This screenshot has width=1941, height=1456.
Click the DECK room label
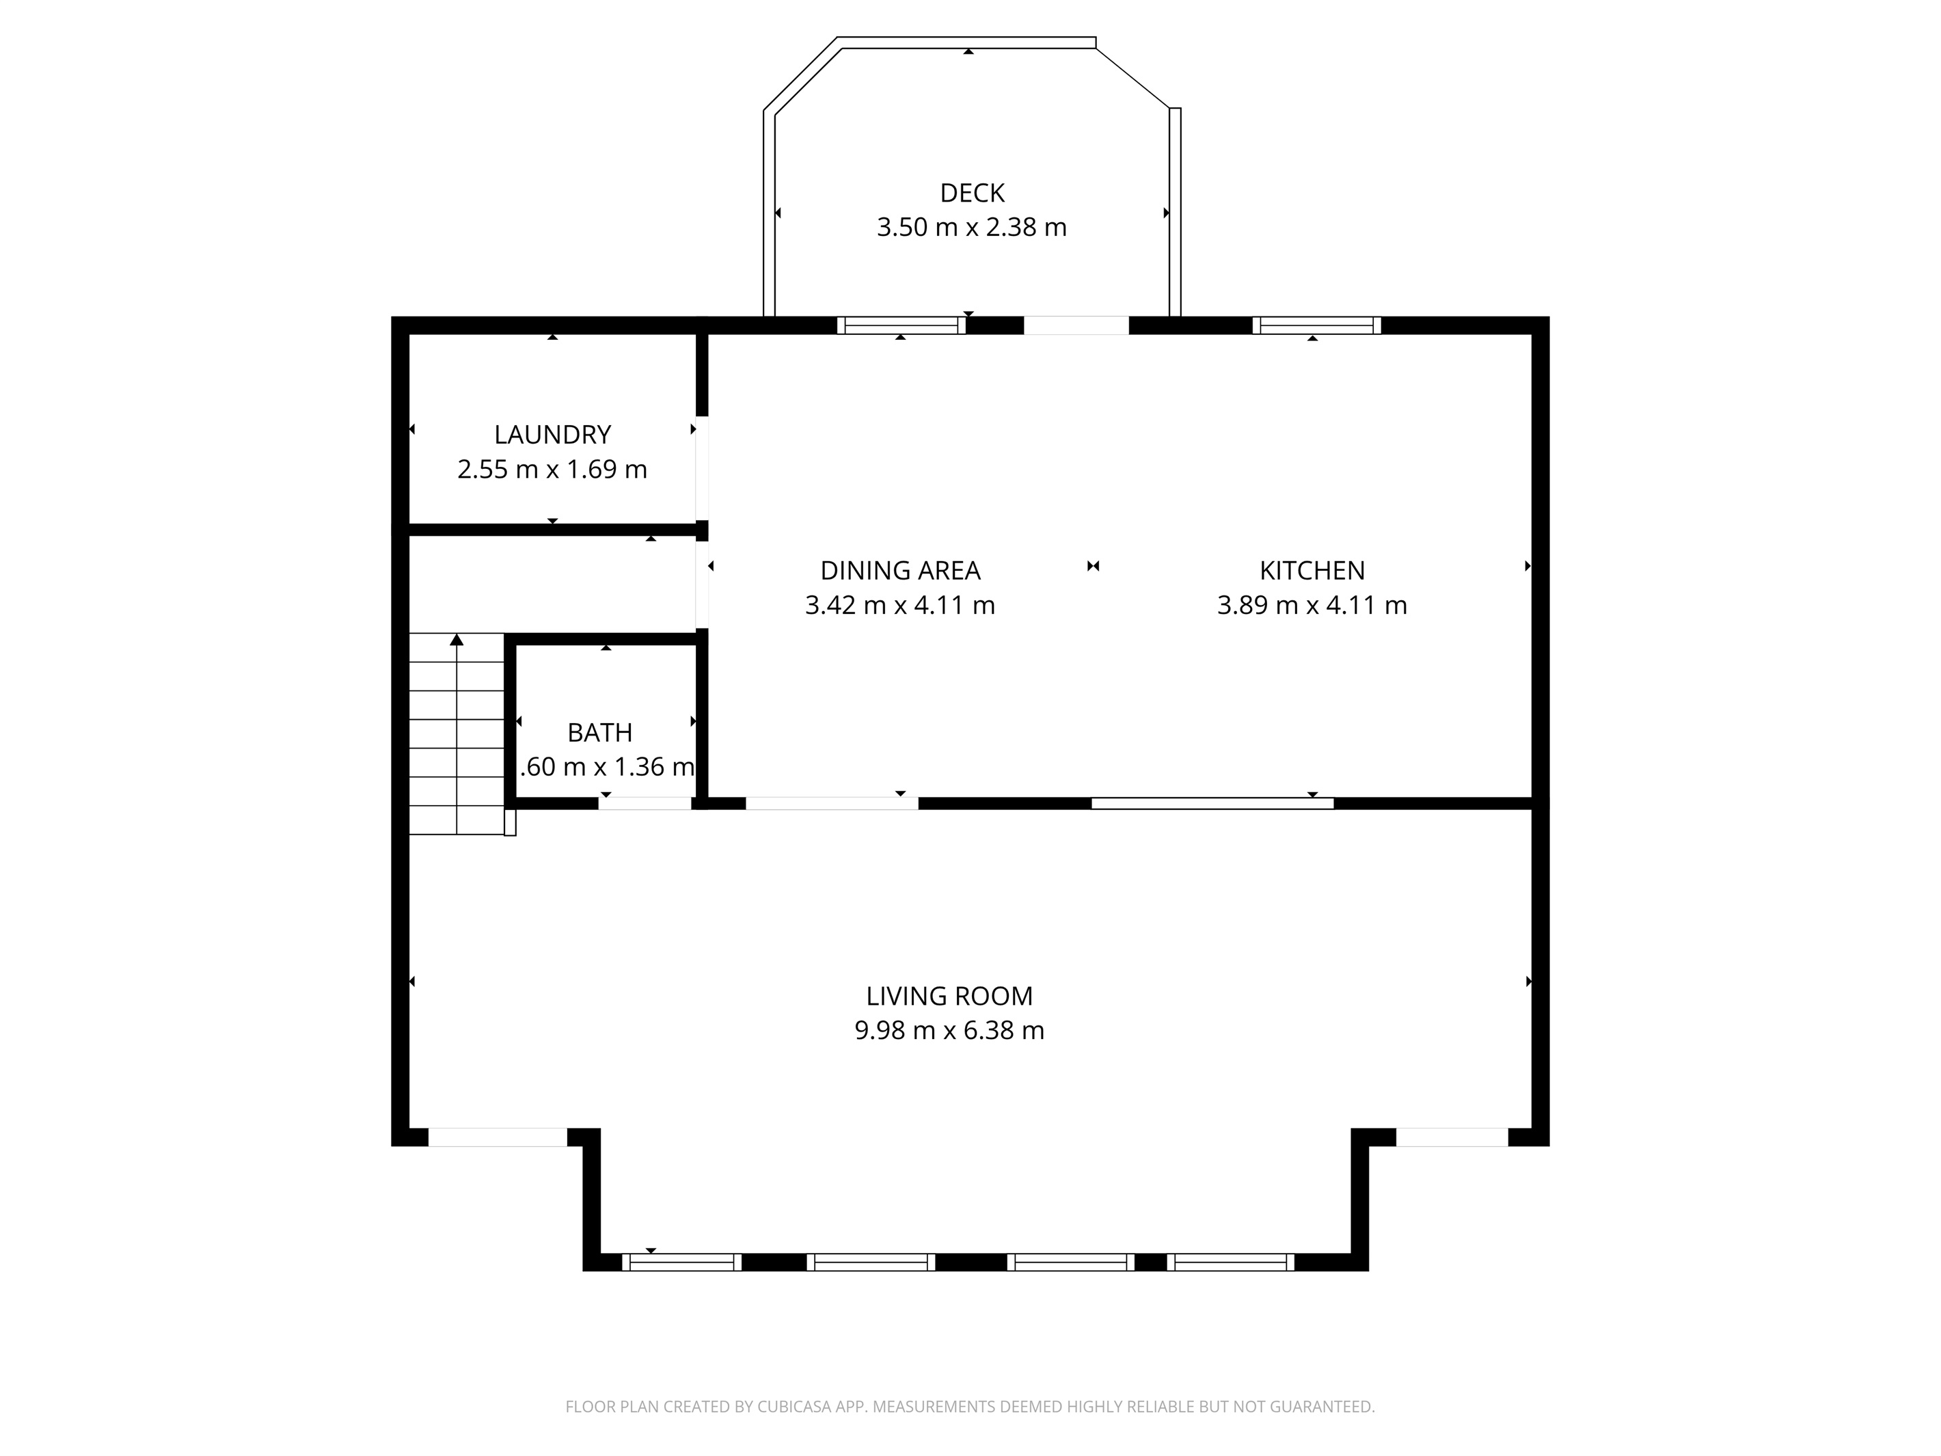(x=971, y=193)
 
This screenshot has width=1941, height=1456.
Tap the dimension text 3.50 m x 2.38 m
(x=971, y=228)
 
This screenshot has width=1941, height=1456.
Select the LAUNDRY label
(x=552, y=435)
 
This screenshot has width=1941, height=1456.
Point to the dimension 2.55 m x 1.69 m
(x=552, y=470)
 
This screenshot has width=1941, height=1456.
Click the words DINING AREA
(x=899, y=571)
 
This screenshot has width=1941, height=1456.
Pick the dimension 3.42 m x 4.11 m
(x=899, y=606)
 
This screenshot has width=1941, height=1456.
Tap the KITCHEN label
(x=1312, y=571)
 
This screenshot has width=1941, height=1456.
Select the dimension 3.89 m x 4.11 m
(x=1312, y=606)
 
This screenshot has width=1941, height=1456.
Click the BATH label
(x=599, y=732)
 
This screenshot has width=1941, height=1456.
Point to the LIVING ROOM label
(x=949, y=996)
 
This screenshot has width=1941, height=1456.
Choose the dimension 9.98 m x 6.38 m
(x=949, y=1030)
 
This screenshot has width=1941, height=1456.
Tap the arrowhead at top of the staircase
(x=457, y=640)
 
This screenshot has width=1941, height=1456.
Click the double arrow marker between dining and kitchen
(x=1092, y=566)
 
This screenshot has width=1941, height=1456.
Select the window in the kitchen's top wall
(x=1316, y=325)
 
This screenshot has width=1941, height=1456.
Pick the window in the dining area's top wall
(x=901, y=325)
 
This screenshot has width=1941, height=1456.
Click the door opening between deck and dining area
(x=1076, y=325)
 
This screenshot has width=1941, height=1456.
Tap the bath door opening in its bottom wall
(x=645, y=803)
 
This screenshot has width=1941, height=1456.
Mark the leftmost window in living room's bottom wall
(x=682, y=1262)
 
